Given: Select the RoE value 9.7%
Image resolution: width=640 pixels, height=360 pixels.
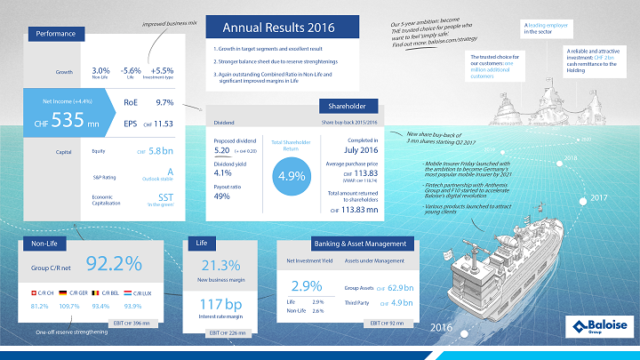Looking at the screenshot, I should coord(164,103).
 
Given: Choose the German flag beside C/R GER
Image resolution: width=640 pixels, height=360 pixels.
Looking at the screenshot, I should coord(64,292).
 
